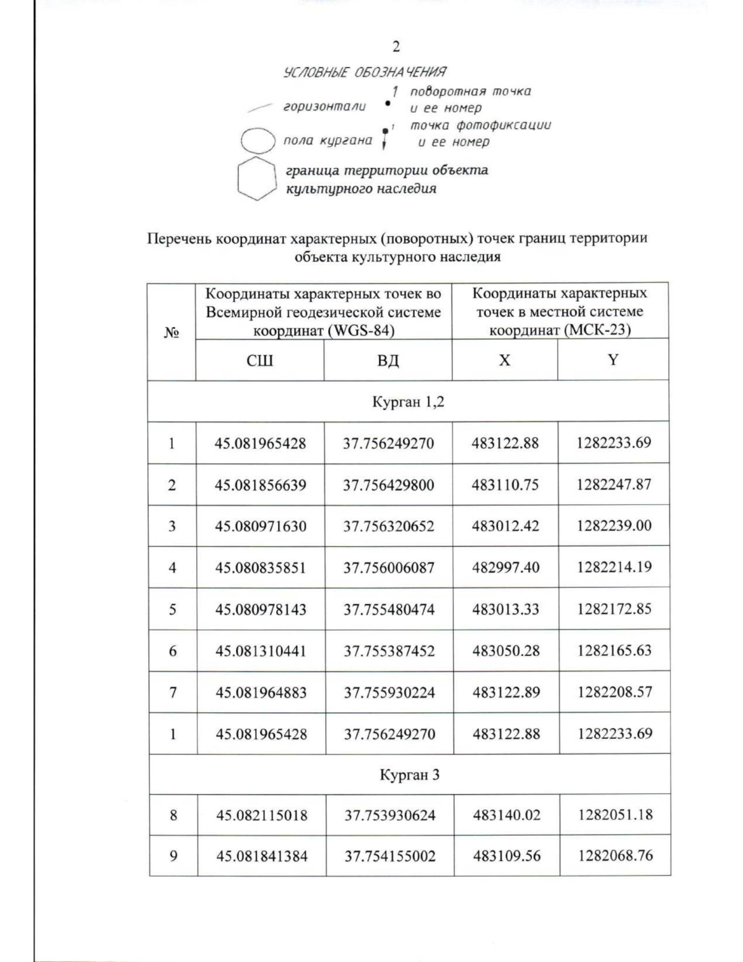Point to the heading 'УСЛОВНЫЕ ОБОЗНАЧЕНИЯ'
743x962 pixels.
(x=365, y=72)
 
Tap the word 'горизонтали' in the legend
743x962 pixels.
(x=324, y=106)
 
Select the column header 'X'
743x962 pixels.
(x=505, y=360)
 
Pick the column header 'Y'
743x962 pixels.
(x=613, y=360)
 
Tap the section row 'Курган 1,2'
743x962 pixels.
(x=408, y=402)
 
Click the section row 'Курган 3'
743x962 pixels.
(x=409, y=775)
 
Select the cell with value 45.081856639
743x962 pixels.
(x=261, y=485)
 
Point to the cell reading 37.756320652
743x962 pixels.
(x=389, y=527)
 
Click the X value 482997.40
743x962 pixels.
(x=505, y=567)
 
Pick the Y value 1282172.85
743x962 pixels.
(x=614, y=609)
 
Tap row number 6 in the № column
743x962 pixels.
(x=173, y=651)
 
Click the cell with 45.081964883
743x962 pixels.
(x=261, y=693)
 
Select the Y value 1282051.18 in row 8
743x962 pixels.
(x=615, y=815)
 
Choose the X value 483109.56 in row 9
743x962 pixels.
(x=506, y=856)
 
